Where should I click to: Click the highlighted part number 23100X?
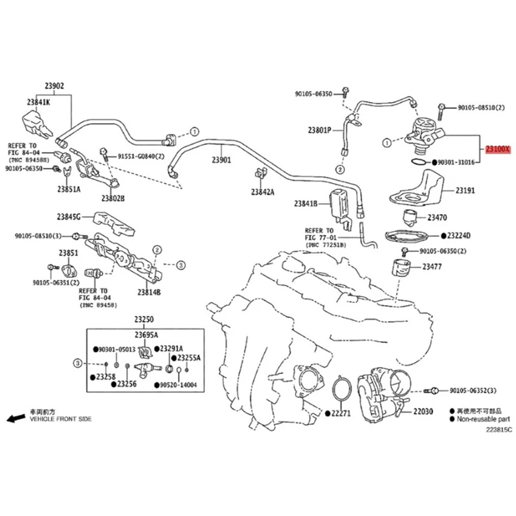point(498,149)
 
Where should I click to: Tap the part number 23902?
point(54,86)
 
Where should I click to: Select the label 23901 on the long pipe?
point(221,159)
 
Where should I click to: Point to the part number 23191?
point(465,191)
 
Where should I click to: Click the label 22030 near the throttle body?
point(424,411)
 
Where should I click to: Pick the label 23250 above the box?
point(144,320)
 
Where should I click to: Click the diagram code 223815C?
point(490,430)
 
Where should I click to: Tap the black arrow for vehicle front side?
point(12,419)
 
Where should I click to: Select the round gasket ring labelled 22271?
point(339,391)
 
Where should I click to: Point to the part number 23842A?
point(263,192)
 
